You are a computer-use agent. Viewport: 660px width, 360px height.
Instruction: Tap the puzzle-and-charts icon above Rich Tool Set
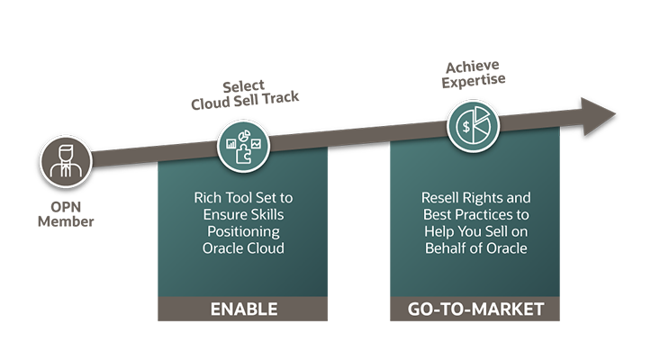[242, 147]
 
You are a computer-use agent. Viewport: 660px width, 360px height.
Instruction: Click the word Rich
[209, 196]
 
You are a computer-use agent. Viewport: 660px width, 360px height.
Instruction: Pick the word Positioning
[243, 230]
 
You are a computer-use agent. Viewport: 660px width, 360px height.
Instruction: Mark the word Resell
[441, 196]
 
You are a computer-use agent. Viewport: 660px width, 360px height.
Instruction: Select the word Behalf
[448, 247]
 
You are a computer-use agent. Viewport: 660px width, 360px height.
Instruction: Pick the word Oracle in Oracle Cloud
[222, 247]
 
